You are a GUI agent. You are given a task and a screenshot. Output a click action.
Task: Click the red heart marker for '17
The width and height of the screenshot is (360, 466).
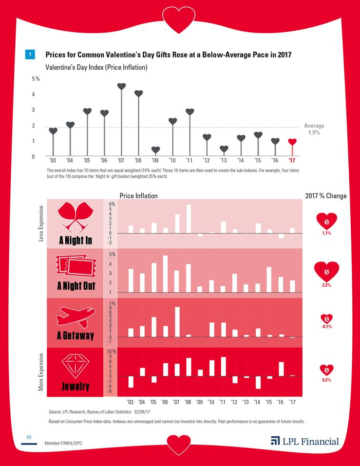292,142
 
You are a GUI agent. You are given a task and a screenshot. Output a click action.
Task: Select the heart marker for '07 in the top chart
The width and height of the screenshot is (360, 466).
122,87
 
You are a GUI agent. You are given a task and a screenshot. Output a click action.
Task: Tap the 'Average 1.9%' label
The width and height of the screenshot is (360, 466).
314,129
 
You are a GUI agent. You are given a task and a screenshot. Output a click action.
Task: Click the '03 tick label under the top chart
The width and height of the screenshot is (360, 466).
53,160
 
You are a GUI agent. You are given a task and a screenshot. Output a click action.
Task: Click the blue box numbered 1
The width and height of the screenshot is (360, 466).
30,55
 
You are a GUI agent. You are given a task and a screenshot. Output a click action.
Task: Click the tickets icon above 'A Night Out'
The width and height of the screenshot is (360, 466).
76,266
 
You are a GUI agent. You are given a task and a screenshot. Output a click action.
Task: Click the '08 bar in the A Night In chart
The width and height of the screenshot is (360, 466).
189,219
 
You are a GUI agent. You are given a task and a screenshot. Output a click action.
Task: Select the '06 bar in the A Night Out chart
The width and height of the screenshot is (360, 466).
165,274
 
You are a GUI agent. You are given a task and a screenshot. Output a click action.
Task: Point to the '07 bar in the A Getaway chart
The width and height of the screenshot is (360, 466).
177,321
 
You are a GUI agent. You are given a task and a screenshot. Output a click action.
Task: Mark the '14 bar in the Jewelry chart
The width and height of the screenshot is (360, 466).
258,382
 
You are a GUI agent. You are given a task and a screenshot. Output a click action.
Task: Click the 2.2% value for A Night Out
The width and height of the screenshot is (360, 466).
327,285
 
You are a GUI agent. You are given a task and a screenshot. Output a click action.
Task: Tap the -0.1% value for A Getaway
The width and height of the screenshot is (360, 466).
327,327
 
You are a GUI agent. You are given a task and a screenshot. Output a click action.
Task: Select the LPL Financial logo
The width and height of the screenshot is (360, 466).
305,442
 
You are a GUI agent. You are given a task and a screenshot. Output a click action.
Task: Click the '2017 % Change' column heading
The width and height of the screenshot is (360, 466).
326,196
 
